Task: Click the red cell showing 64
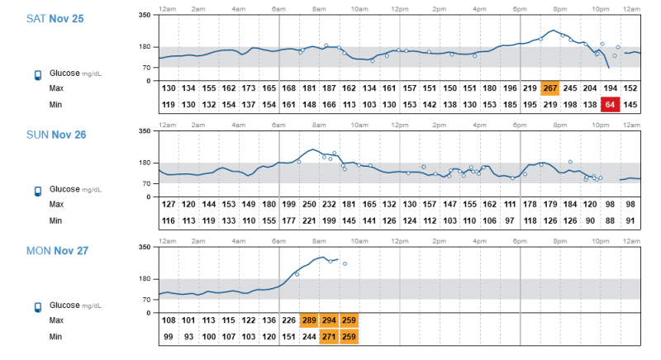610,105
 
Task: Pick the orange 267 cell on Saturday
550,88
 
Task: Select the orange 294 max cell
329,320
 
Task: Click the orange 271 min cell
329,337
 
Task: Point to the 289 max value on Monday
309,320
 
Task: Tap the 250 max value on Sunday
309,204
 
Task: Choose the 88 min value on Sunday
610,220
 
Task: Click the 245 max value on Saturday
570,88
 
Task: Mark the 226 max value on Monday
289,320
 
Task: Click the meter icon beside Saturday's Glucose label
37,75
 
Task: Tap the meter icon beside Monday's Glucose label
37,307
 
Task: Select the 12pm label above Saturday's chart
399,8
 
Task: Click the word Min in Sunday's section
55,220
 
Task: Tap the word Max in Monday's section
56,320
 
